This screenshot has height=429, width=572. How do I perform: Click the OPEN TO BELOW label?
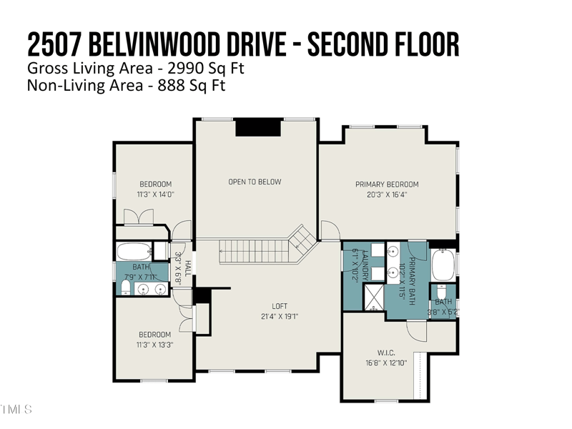(255, 182)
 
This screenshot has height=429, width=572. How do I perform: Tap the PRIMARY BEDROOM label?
(387, 184)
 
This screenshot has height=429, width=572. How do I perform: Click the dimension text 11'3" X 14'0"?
(155, 194)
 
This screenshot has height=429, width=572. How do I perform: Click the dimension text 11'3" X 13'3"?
(155, 344)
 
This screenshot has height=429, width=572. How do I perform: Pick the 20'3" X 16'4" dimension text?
(387, 194)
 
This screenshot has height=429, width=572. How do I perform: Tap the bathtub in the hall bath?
(134, 252)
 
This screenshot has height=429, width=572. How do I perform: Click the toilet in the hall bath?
(124, 287)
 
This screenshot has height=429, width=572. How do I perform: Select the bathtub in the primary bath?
(443, 265)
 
